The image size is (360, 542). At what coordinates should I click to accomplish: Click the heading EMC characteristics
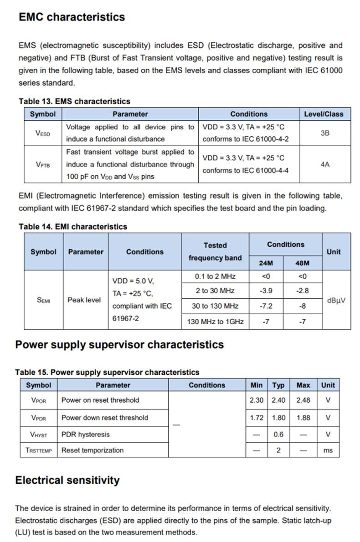[72, 17]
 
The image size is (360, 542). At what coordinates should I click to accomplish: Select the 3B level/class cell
[325, 133]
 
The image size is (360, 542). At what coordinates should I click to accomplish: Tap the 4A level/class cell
[325, 164]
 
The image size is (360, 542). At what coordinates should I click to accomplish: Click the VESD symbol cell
[43, 133]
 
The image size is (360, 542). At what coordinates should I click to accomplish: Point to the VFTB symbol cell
[43, 164]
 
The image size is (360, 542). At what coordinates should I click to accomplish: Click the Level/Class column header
[325, 114]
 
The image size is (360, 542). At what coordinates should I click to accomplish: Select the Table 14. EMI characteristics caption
[73, 226]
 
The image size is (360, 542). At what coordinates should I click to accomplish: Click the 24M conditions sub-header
[266, 263]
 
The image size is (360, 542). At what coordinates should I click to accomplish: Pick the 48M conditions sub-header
[303, 263]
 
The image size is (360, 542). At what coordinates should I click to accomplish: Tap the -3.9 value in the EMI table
[266, 291]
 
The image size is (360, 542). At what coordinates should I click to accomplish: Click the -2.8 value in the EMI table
[303, 291]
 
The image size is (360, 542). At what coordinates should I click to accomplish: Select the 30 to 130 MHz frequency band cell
[215, 306]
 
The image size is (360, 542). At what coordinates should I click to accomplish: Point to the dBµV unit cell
[336, 300]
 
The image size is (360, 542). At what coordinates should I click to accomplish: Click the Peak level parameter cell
[84, 300]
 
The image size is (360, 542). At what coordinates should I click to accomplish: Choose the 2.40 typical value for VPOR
[278, 400]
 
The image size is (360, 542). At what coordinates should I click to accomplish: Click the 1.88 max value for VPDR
[303, 418]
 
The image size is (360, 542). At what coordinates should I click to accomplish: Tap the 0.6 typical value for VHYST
[278, 435]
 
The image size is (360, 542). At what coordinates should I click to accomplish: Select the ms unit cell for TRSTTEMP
[328, 450]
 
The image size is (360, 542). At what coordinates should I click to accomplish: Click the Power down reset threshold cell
[105, 418]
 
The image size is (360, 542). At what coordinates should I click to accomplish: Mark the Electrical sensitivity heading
[67, 480]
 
